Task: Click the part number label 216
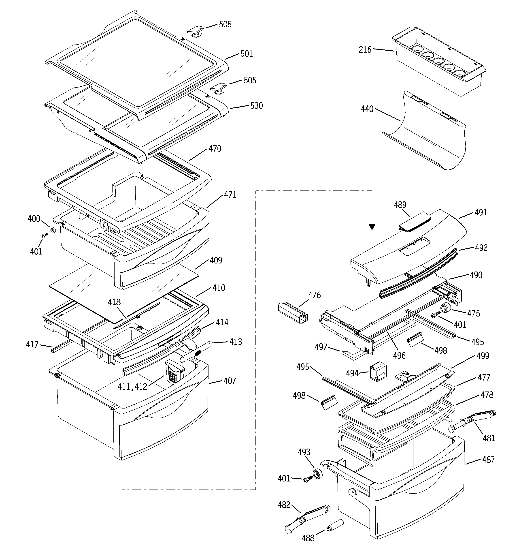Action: (x=365, y=50)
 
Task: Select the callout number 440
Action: (x=367, y=109)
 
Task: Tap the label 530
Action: (x=256, y=106)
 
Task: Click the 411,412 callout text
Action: (x=132, y=387)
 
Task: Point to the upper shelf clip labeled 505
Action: (x=196, y=30)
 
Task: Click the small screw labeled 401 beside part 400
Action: (x=44, y=236)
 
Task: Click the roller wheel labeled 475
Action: (x=445, y=309)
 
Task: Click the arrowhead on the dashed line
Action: (x=372, y=227)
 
